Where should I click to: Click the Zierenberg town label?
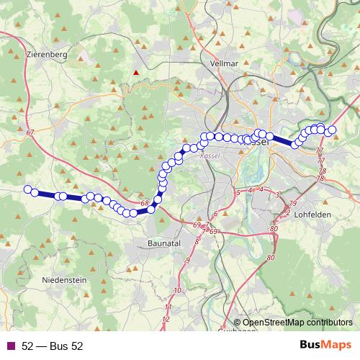click(45, 54)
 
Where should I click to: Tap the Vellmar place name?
click(224, 63)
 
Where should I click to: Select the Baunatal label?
click(165, 243)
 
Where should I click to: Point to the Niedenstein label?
click(64, 279)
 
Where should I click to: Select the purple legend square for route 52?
click(9, 346)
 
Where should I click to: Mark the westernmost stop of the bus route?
click(28, 189)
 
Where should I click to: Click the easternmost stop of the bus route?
click(333, 130)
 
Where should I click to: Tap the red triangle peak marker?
click(134, 72)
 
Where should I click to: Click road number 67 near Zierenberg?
click(30, 132)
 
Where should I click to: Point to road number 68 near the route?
click(145, 204)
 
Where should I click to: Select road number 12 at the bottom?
click(166, 318)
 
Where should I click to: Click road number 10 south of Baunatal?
click(177, 290)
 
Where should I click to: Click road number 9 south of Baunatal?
click(187, 260)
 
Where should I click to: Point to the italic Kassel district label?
click(210, 156)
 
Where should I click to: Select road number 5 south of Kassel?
click(238, 193)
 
